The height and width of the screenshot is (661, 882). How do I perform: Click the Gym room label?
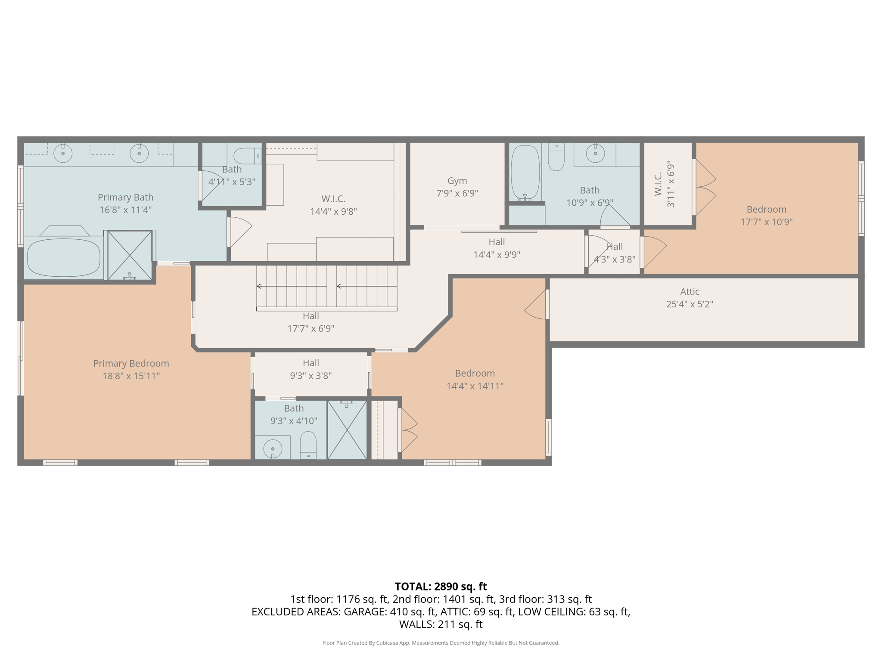[x=457, y=181]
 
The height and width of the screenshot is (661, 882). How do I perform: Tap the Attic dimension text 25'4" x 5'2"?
[x=689, y=304]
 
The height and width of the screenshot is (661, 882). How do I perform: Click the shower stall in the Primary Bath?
[x=130, y=255]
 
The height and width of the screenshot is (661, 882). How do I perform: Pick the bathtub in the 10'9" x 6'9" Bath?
[x=525, y=172]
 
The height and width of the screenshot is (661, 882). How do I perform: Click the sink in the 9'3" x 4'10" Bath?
[x=273, y=449]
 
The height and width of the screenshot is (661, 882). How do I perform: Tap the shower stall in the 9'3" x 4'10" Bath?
[x=347, y=430]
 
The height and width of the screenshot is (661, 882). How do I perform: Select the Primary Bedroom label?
[x=131, y=363]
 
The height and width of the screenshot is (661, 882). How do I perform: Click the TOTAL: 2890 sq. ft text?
[x=441, y=587]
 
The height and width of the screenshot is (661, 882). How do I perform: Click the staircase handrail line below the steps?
[x=326, y=309]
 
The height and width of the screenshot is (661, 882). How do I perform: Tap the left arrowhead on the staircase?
[x=259, y=286]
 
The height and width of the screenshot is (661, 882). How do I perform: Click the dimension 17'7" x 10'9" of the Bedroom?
[x=766, y=222]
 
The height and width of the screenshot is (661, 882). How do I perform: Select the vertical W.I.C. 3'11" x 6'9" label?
[x=665, y=184]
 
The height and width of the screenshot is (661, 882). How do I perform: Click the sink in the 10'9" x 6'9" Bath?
[x=595, y=153]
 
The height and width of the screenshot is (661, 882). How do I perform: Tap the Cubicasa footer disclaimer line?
[x=441, y=643]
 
